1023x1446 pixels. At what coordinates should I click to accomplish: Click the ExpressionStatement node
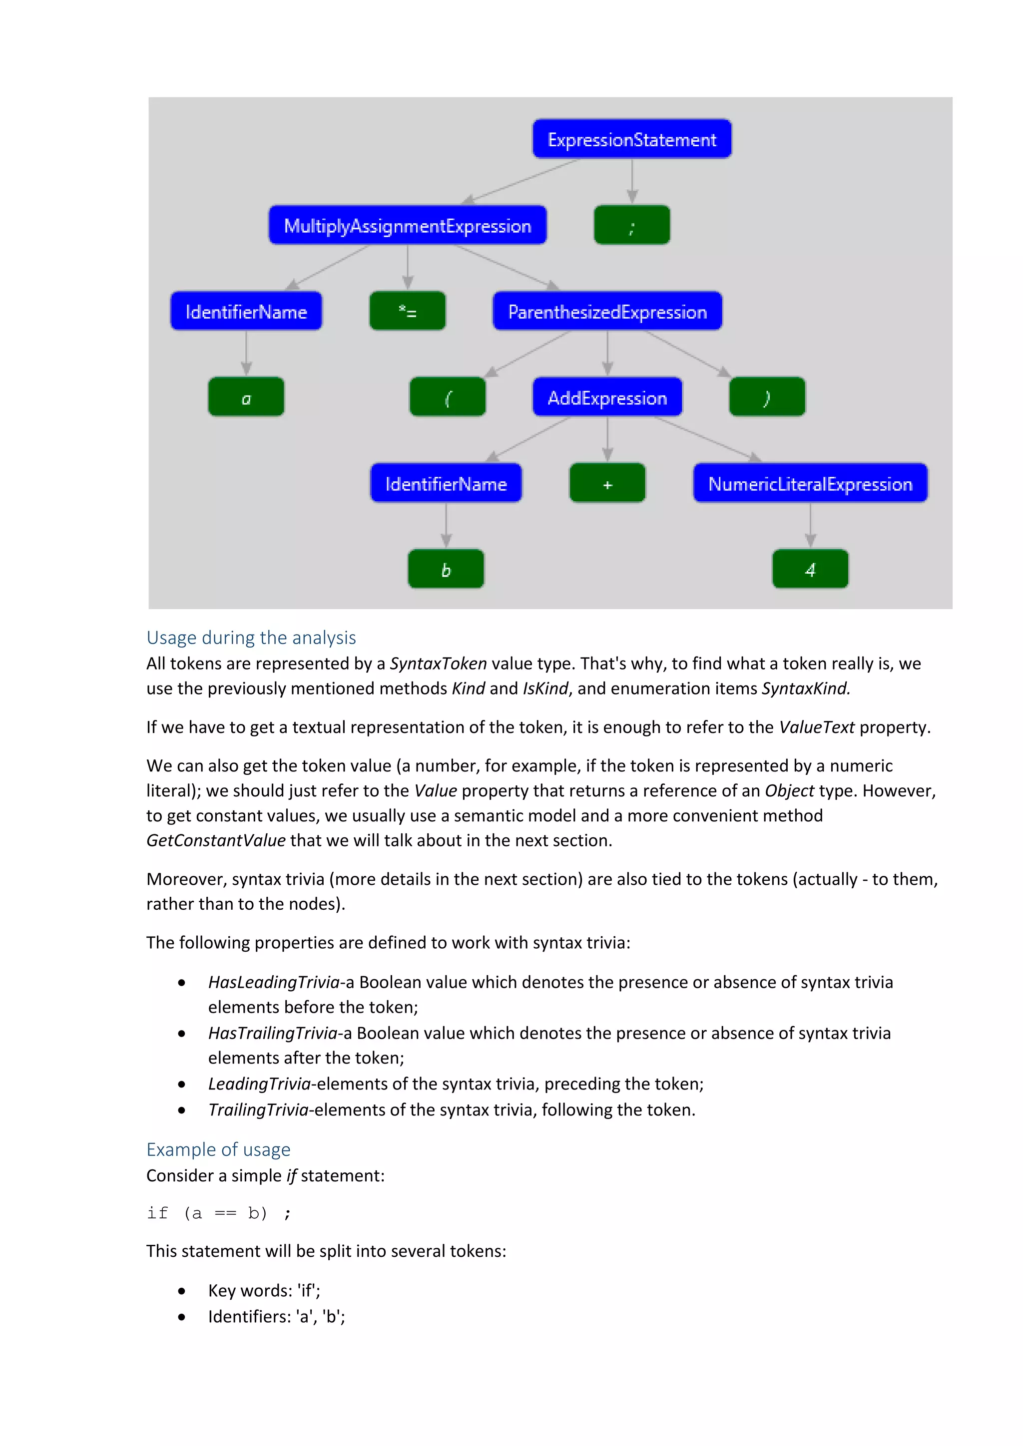tap(632, 139)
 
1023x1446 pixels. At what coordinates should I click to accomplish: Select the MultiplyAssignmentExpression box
tap(408, 226)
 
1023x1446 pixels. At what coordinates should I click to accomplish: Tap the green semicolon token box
tap(632, 225)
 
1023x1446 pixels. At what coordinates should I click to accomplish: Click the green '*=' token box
tap(408, 311)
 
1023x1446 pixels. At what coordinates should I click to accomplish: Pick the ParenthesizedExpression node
tap(607, 311)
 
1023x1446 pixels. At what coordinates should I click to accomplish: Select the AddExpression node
tap(607, 397)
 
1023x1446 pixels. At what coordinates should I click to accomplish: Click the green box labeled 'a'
tap(246, 397)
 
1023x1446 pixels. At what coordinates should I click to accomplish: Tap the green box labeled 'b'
tap(446, 569)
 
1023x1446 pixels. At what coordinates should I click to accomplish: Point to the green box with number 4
tap(810, 569)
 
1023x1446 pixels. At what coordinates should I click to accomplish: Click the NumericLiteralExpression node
tap(810, 484)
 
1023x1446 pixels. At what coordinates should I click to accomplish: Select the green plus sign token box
tap(607, 484)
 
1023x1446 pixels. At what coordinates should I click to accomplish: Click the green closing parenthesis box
tap(767, 397)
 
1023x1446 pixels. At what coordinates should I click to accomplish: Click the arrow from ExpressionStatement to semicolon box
tap(632, 182)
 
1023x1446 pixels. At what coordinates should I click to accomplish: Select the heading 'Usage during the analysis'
tap(251, 638)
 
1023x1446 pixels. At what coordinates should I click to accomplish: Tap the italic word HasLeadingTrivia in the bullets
tap(274, 983)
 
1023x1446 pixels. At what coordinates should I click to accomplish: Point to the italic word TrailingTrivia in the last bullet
tap(258, 1109)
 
